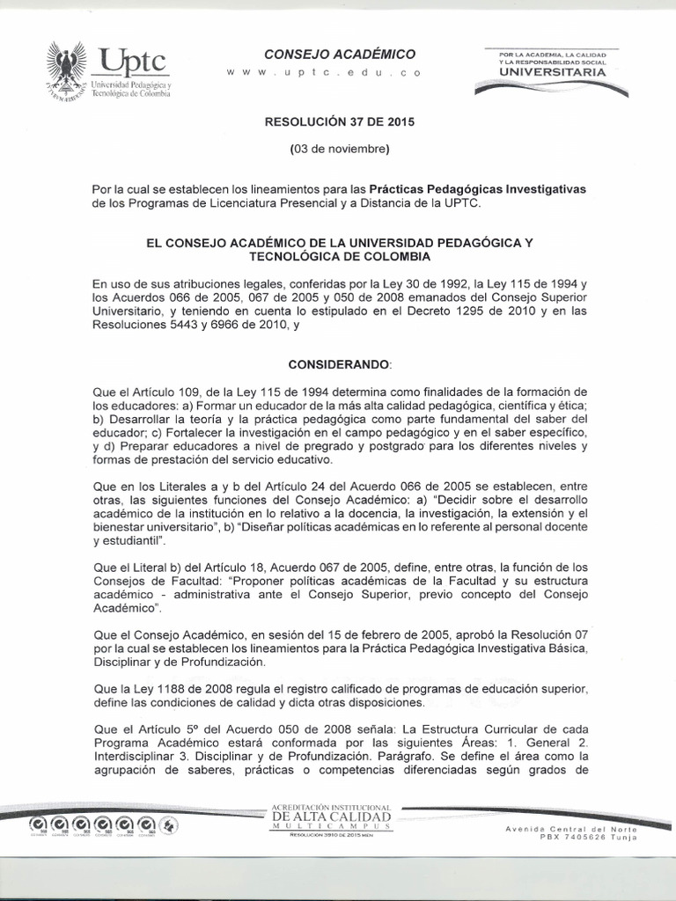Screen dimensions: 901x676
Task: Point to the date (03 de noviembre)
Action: [338, 150]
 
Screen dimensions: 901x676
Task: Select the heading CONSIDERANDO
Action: [338, 363]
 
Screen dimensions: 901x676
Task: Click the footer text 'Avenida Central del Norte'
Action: [570, 830]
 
